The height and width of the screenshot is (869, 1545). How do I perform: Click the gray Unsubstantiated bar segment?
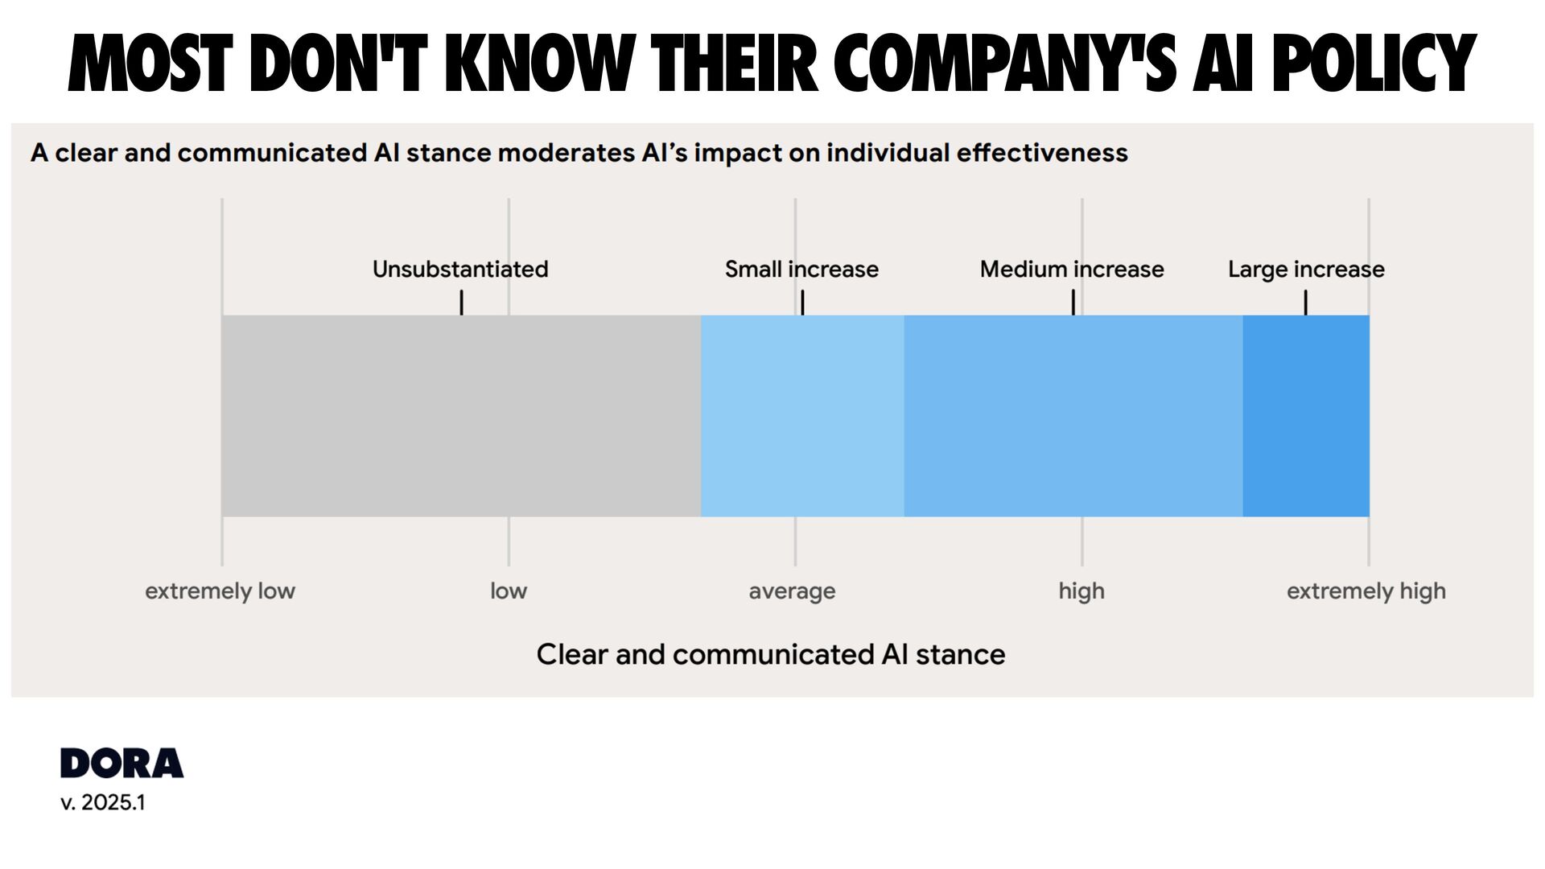click(461, 416)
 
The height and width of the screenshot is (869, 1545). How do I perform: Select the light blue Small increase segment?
click(802, 416)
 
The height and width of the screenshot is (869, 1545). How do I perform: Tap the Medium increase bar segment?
click(1073, 416)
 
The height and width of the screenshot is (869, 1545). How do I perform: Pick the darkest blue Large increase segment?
click(1306, 416)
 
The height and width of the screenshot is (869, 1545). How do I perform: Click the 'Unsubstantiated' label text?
click(460, 270)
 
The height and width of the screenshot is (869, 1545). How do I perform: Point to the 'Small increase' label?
click(801, 270)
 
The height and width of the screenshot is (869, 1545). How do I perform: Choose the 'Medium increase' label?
click(1072, 270)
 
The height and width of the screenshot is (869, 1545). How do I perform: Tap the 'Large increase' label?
click(1306, 270)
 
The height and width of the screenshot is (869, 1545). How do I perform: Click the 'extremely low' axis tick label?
click(220, 591)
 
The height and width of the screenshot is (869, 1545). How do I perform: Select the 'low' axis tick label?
click(509, 591)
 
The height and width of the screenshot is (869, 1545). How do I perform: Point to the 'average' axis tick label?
click(792, 591)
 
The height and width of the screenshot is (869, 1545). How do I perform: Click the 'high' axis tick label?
click(1081, 591)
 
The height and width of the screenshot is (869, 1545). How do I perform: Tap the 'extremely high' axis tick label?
click(1366, 591)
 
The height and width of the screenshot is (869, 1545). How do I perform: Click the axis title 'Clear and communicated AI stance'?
click(771, 654)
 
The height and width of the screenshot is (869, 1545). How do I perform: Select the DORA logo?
click(122, 763)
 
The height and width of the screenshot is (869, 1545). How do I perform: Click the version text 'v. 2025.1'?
click(103, 802)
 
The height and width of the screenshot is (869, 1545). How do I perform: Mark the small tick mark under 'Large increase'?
click(1305, 303)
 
